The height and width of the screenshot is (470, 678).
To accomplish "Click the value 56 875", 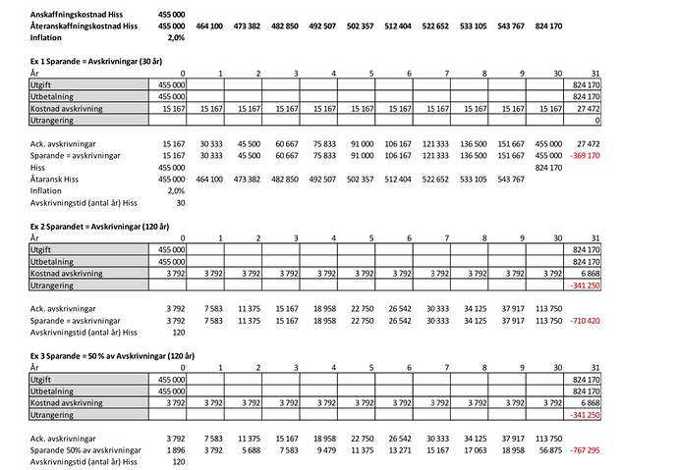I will click(543, 448).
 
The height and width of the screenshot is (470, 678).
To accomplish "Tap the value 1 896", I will click(174, 448).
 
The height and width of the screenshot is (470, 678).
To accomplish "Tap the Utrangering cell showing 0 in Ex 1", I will click(595, 120).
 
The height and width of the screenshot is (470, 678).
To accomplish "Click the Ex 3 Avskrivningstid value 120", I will click(179, 460).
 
